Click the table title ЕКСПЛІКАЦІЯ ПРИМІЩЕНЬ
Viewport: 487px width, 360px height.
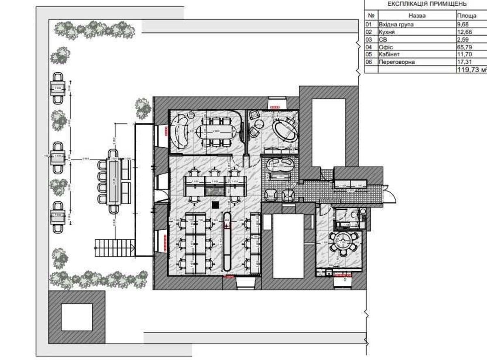click(x=427, y=4)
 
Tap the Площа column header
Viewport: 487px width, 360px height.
click(x=467, y=16)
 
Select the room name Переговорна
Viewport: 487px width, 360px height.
click(x=396, y=63)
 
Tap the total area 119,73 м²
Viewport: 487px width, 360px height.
click(x=471, y=70)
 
